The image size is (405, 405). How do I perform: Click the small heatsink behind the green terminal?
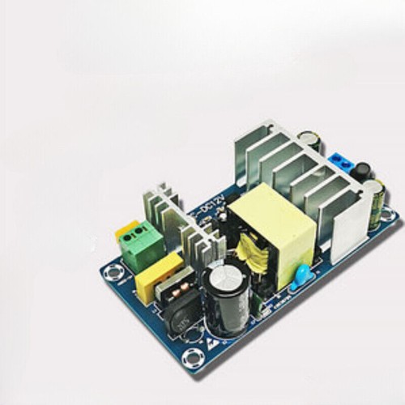[157, 208]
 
